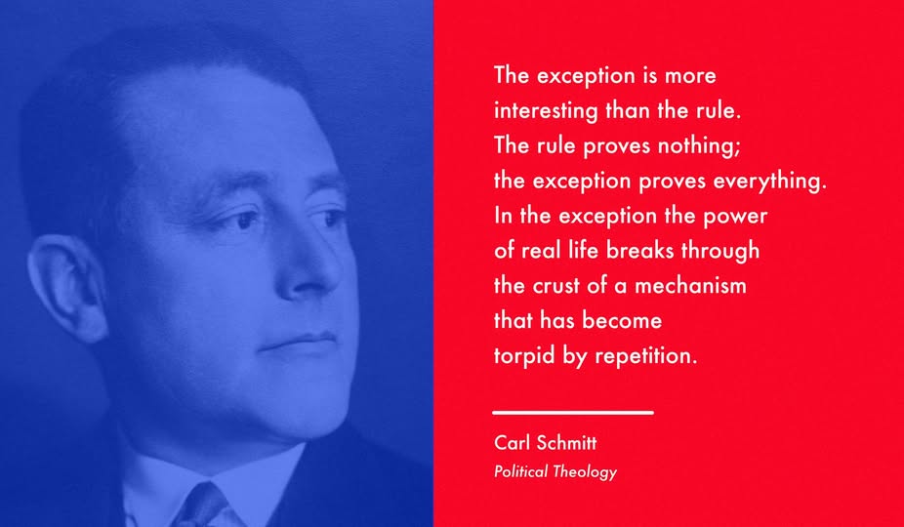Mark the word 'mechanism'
point(690,285)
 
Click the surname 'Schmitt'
point(567,443)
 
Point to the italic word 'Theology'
point(584,472)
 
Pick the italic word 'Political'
point(520,471)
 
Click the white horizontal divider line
point(573,413)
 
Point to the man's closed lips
point(299,341)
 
